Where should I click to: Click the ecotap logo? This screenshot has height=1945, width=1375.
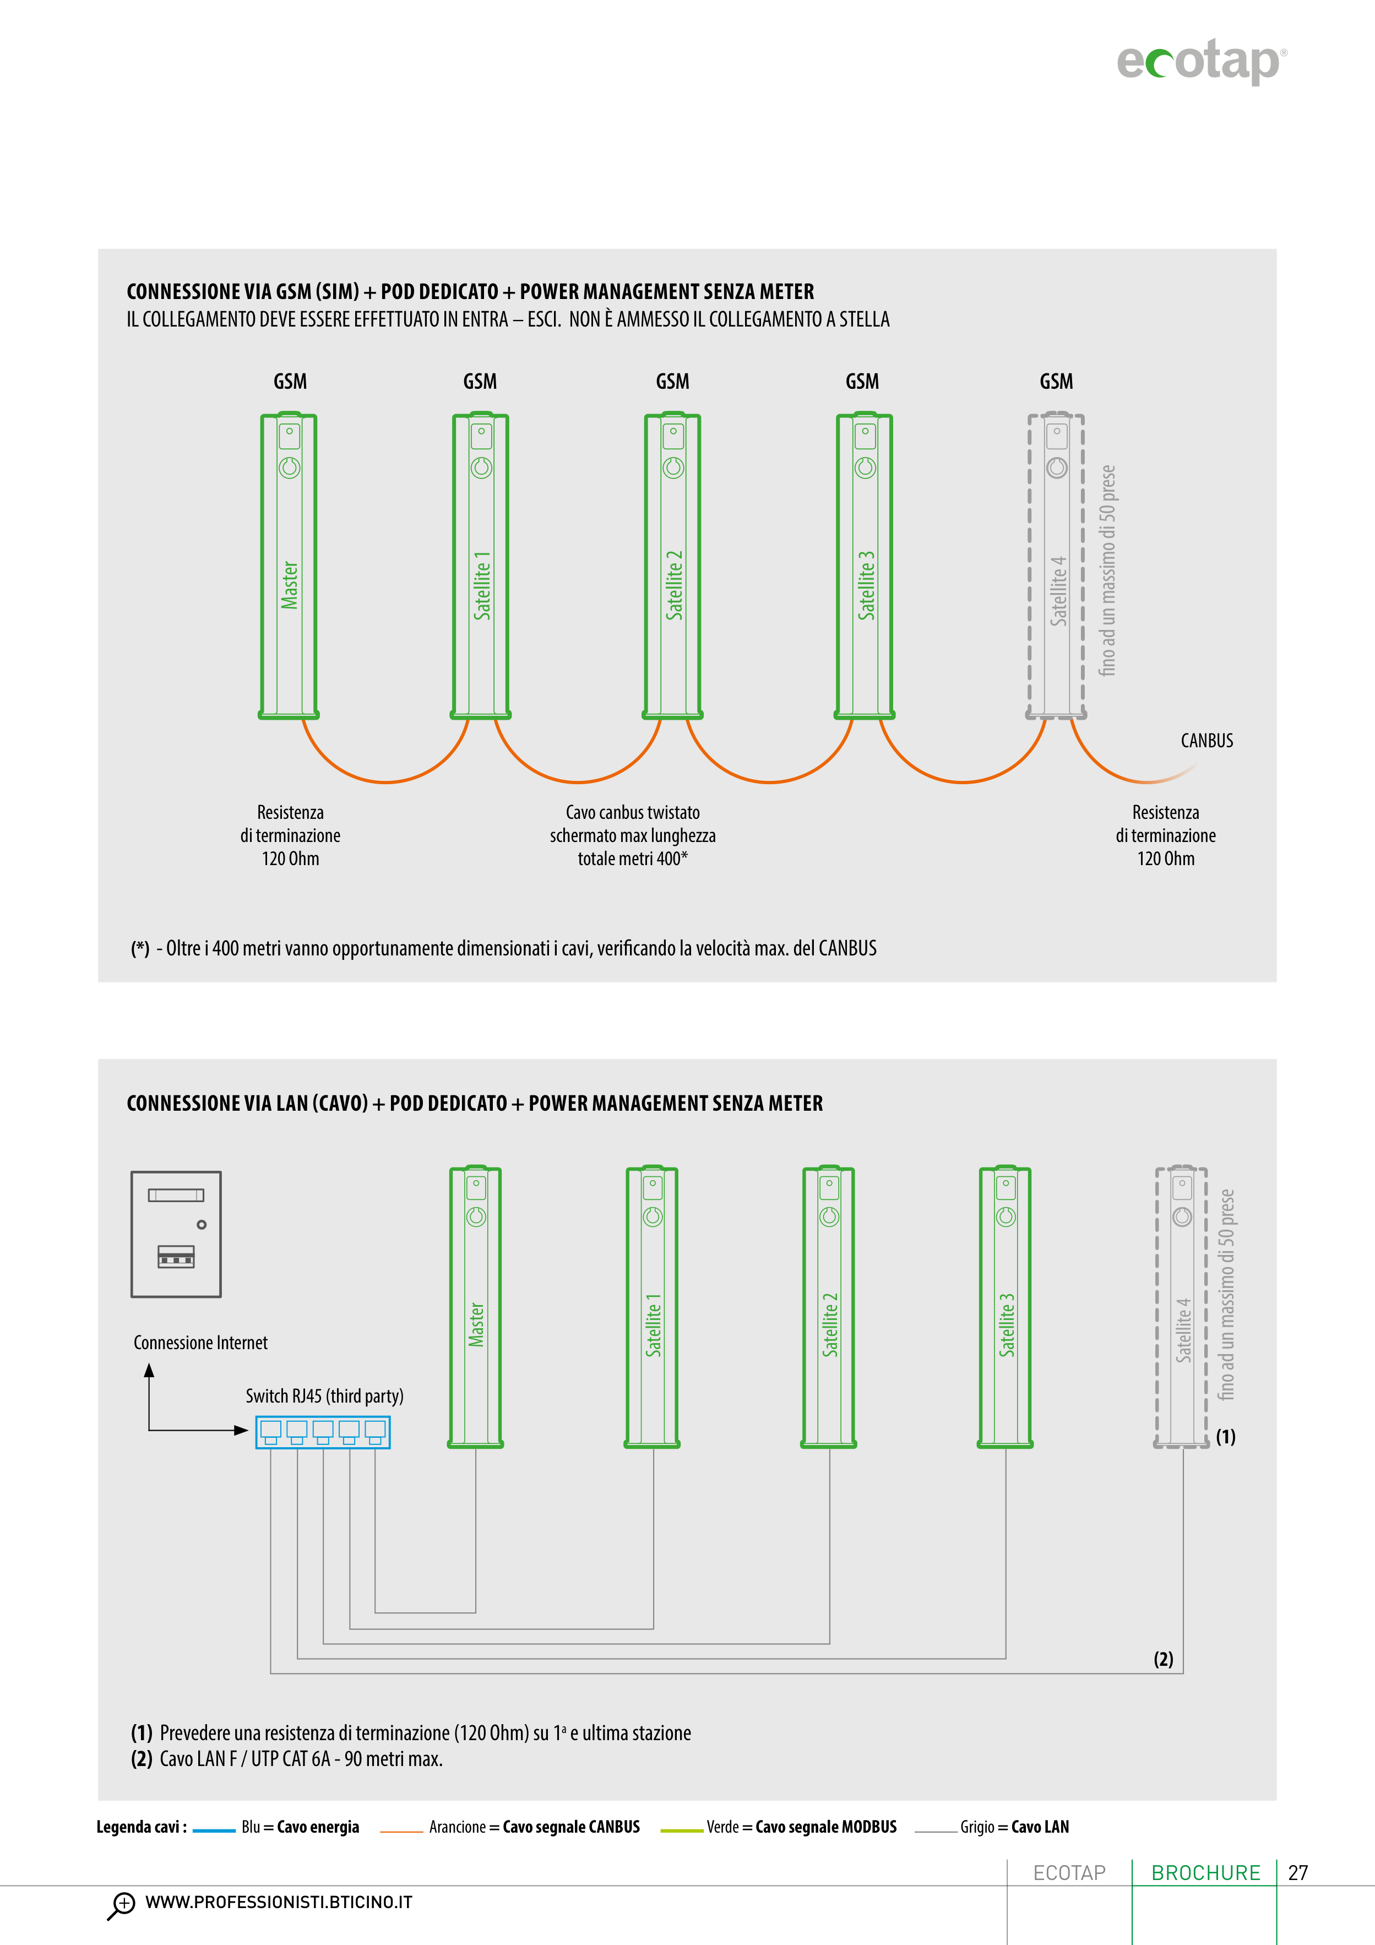(1200, 61)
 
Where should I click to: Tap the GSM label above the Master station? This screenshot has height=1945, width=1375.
(290, 381)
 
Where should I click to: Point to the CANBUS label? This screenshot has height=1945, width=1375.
(1206, 740)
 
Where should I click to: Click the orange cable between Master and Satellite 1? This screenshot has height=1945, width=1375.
(385, 779)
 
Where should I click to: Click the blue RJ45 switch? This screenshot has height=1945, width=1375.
(323, 1432)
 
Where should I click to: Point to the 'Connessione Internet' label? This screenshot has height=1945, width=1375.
(201, 1343)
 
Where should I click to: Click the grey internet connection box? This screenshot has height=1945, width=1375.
(176, 1234)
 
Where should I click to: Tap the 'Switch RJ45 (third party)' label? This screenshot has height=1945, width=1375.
(324, 1396)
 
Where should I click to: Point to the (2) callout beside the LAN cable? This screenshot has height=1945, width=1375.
(1163, 1659)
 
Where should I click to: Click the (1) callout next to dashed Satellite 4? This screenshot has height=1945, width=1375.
(1225, 1437)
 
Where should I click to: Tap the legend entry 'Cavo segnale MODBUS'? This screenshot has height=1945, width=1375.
(825, 1827)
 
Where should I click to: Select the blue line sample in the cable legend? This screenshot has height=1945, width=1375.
(214, 1830)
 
